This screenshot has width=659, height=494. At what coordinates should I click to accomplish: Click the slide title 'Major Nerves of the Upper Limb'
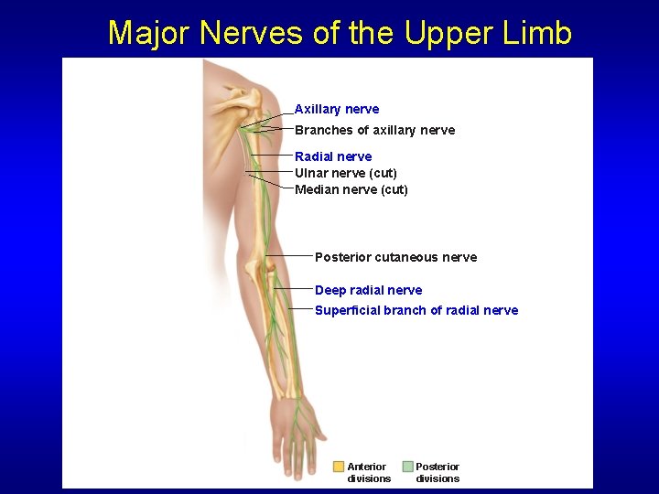340,33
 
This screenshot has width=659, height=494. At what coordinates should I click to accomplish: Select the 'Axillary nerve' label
336,109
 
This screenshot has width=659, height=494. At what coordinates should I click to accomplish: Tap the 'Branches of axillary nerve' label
374,130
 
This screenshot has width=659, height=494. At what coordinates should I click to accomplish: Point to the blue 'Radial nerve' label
333,156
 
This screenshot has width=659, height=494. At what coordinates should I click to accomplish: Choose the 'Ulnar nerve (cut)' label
345,173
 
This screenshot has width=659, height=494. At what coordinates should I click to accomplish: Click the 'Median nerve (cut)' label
351,189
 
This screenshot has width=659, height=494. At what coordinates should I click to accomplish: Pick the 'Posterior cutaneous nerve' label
395,257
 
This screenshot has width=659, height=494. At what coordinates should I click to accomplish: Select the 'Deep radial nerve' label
368,290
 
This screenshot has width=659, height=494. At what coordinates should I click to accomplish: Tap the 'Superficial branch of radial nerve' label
416,310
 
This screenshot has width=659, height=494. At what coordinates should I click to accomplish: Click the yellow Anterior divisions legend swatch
339,467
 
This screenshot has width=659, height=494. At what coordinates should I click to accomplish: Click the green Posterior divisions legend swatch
407,467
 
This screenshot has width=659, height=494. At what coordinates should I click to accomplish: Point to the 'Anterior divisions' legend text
368,472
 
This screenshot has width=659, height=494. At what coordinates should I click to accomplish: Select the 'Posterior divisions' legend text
438,472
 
